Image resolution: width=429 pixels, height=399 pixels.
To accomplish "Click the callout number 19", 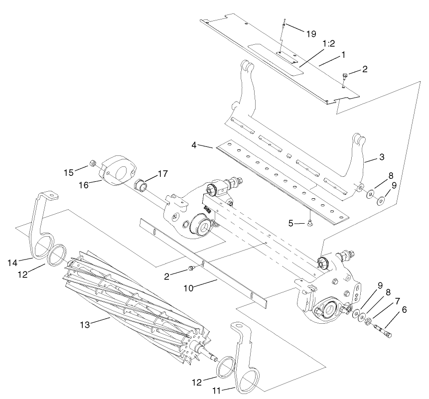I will (311, 34).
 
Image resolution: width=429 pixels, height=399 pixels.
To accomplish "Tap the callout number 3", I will (381, 157).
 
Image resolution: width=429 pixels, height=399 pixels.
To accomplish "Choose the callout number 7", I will (397, 301).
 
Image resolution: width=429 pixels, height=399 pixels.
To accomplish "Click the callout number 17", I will (163, 174).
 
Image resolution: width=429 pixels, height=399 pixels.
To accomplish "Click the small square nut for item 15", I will (92, 162).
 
